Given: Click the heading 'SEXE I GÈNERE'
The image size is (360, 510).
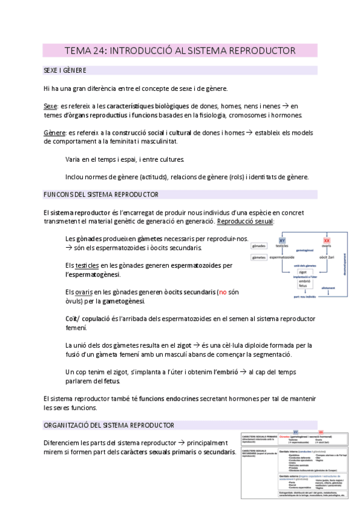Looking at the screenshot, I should pyautogui.click(x=65, y=71).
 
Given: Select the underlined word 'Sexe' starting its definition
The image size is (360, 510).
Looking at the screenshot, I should pyautogui.click(x=50, y=106).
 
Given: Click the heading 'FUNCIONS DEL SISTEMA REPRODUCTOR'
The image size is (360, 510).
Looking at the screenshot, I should pyautogui.click(x=101, y=195).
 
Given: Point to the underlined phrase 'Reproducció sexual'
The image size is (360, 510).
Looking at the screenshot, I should pyautogui.click(x=245, y=221).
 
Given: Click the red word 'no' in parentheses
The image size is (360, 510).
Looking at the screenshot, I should pyautogui.click(x=222, y=292).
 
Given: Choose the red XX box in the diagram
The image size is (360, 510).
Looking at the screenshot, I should pyautogui.click(x=326, y=240).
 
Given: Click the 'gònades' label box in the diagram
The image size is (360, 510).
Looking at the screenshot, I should pyautogui.click(x=260, y=247).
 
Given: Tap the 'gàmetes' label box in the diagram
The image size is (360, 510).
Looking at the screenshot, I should pyautogui.click(x=260, y=257).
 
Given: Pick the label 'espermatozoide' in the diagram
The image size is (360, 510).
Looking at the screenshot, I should pyautogui.click(x=285, y=257).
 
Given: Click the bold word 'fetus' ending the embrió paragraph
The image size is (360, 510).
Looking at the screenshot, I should pyautogui.click(x=111, y=381).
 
